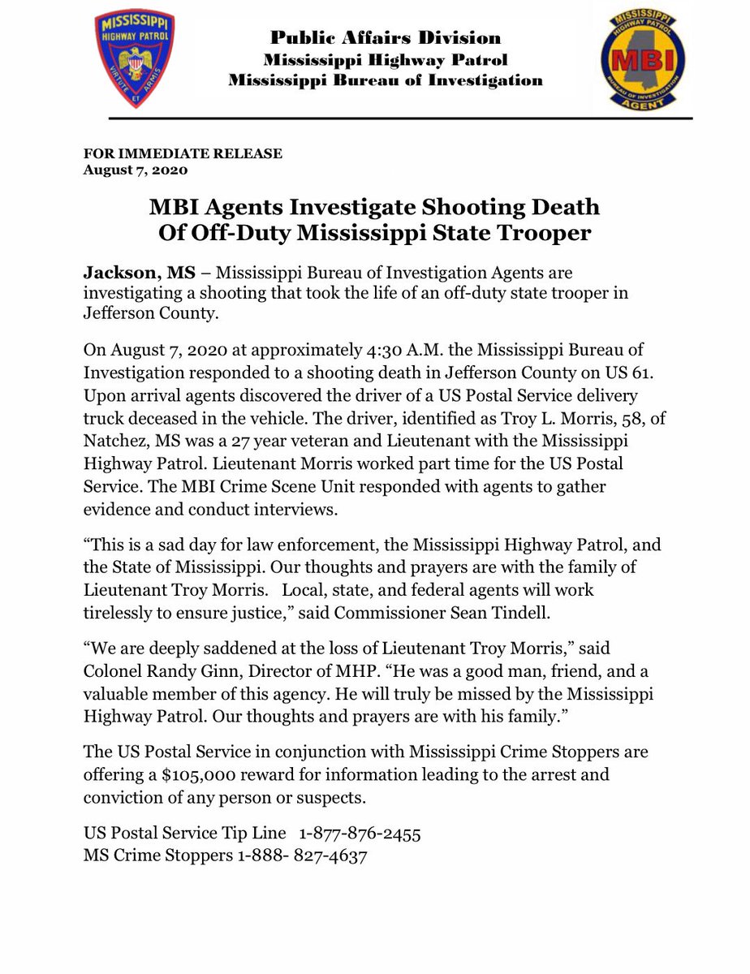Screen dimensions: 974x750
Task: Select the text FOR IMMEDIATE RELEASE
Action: pos(183,154)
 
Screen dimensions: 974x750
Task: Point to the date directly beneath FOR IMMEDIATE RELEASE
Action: pos(136,170)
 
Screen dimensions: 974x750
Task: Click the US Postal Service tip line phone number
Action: pos(360,834)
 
